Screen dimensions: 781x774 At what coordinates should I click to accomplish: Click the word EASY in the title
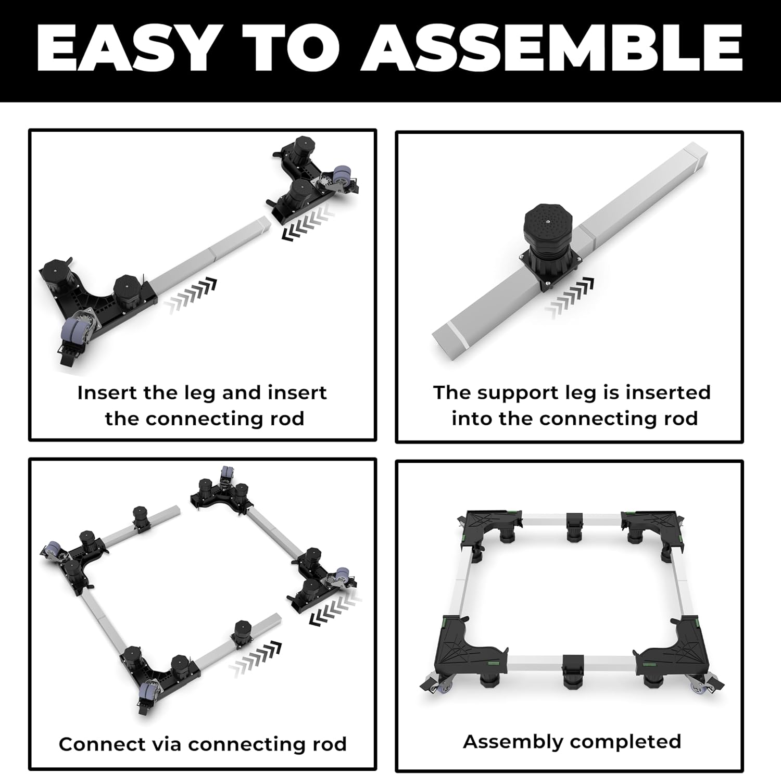click(x=125, y=47)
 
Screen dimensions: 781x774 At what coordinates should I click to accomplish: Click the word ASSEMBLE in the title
click(x=552, y=47)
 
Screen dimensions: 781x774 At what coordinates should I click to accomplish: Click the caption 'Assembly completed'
click(x=572, y=742)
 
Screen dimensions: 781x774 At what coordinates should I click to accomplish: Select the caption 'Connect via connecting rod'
click(x=203, y=744)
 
